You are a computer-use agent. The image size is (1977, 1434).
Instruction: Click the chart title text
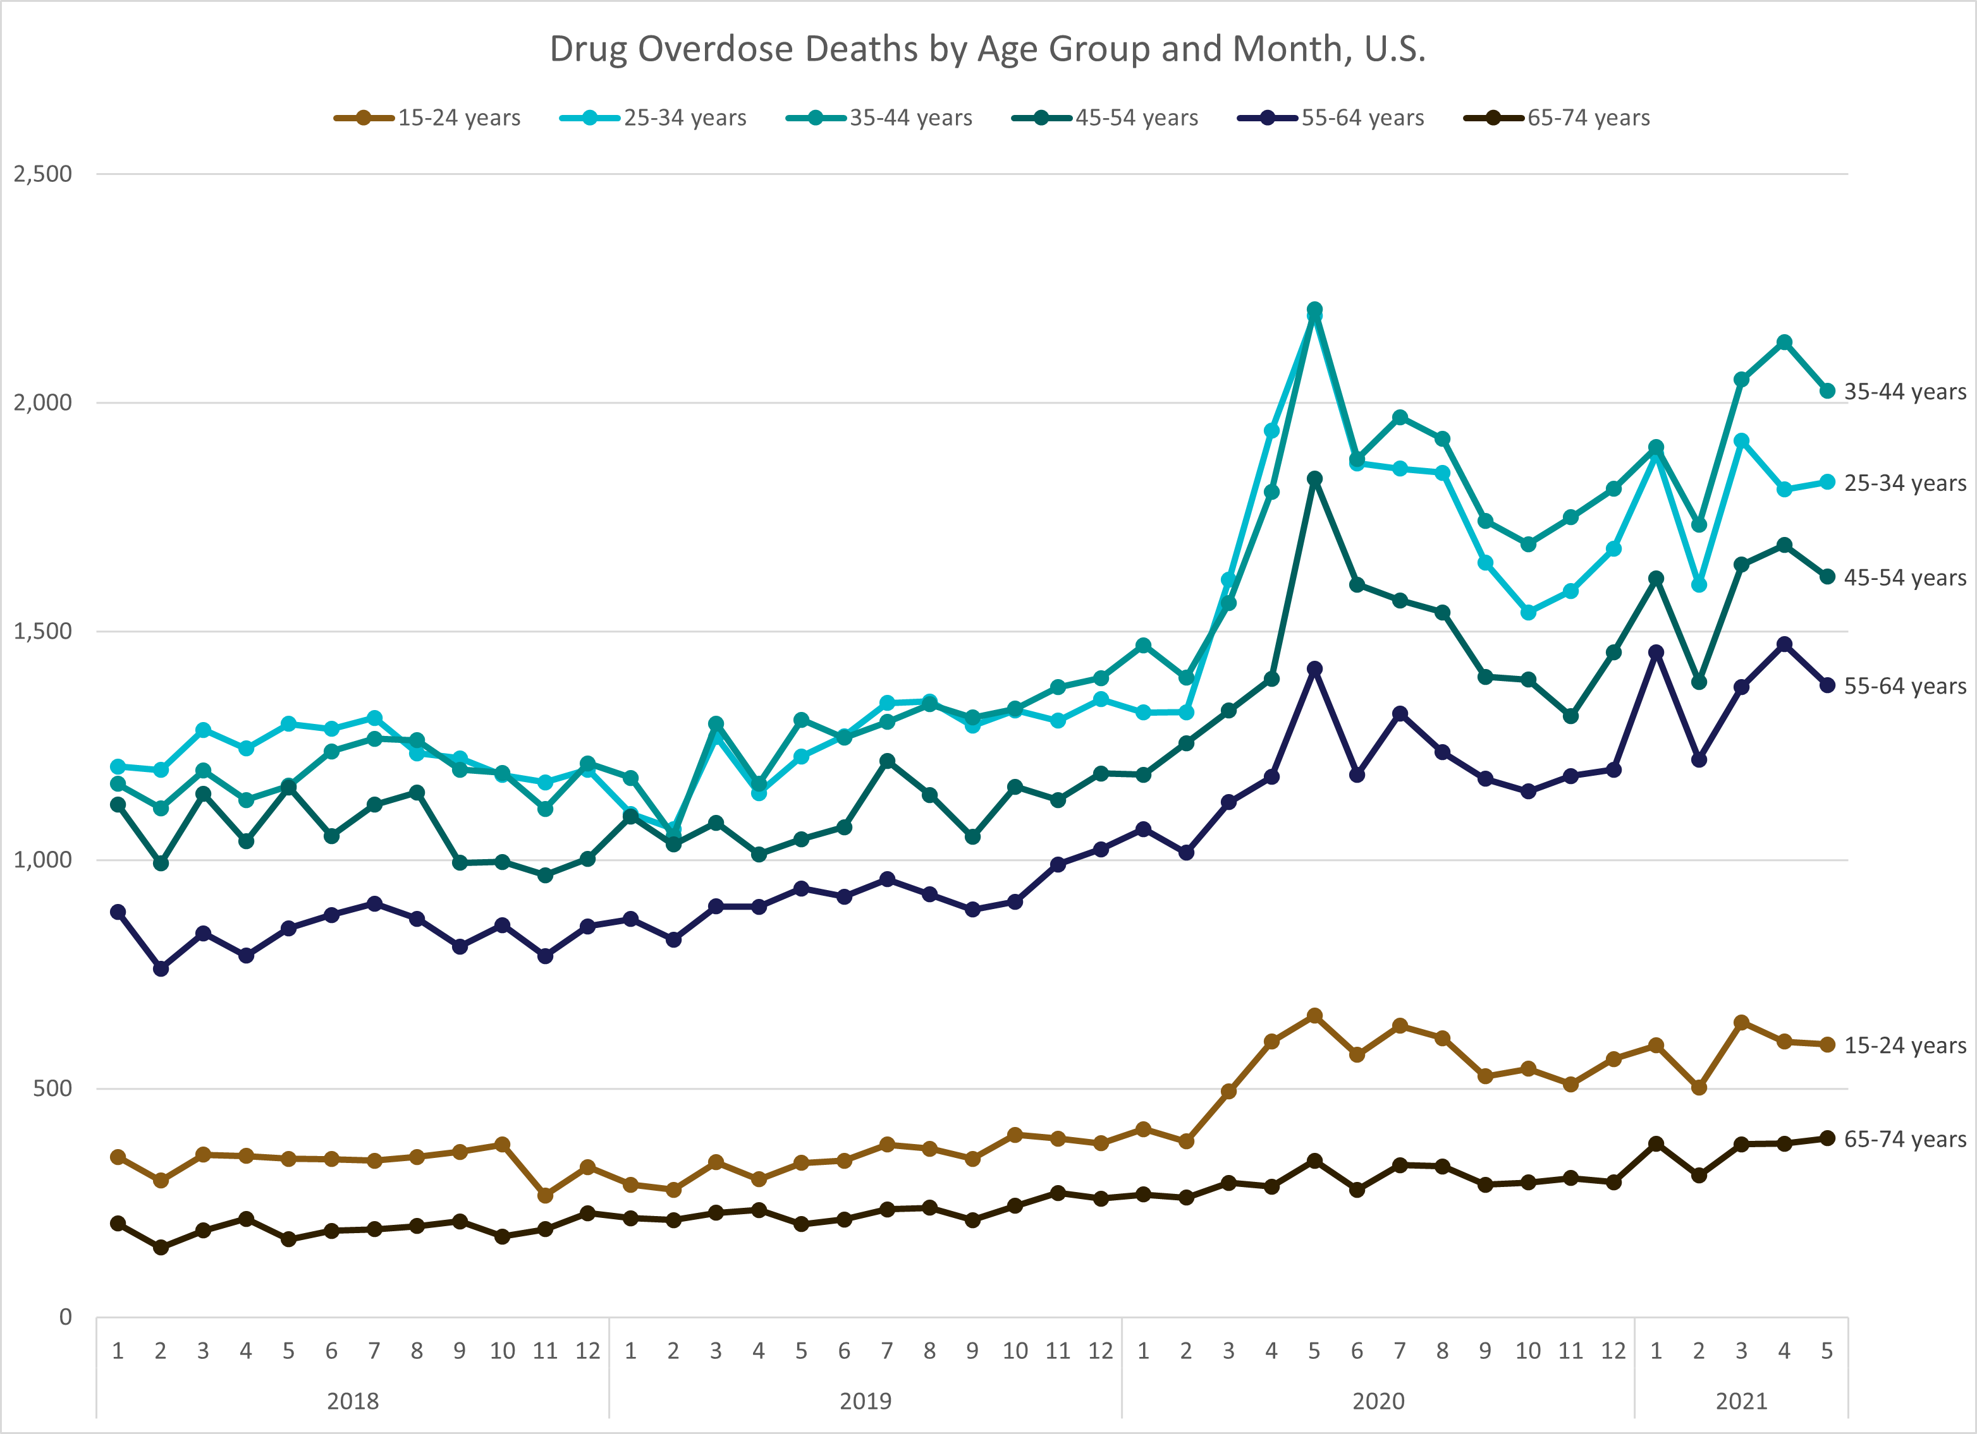[988, 49]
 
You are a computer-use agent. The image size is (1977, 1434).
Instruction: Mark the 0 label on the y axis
[65, 1317]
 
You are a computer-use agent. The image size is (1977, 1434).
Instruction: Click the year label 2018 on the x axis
[352, 1401]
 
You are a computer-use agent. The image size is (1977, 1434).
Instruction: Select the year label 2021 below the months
[1741, 1401]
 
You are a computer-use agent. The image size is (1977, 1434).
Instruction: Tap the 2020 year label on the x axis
[1378, 1401]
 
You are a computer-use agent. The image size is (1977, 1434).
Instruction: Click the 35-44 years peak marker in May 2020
[1314, 310]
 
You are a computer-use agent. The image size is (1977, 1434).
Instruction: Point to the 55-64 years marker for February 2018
[161, 968]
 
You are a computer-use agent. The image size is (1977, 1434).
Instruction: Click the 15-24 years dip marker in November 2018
[545, 1195]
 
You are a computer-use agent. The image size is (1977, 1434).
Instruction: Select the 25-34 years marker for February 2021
[1698, 584]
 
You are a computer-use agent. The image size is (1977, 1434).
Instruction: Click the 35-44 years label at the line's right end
[1905, 392]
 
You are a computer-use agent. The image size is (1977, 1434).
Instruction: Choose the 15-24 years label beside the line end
[1905, 1045]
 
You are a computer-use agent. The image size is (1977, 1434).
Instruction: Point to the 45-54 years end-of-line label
[1905, 577]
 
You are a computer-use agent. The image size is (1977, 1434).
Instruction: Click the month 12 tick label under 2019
[1100, 1351]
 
